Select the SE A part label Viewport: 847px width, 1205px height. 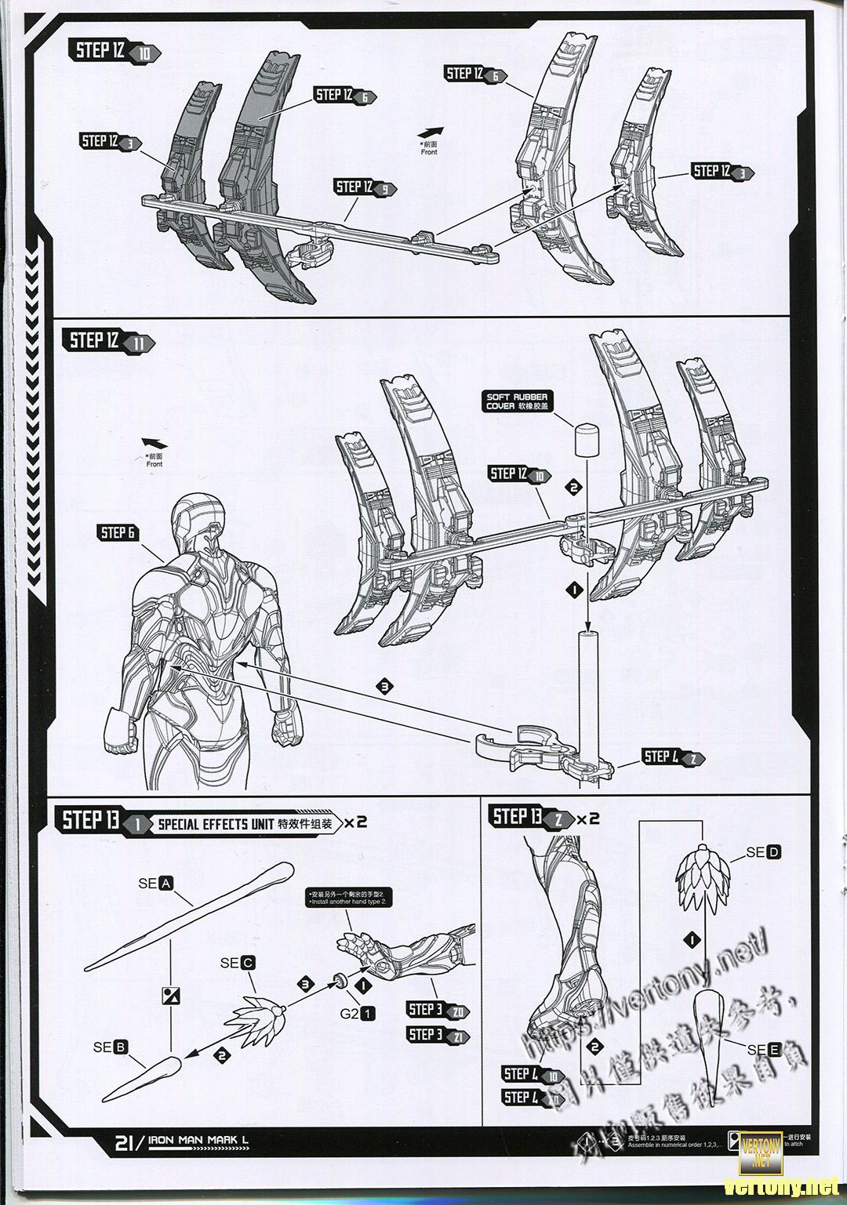click(155, 883)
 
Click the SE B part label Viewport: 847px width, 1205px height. click(111, 1047)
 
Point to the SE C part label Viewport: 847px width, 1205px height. click(238, 963)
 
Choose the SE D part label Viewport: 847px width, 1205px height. click(763, 852)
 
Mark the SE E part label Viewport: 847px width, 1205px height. click(765, 1050)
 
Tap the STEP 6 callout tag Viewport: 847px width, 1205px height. click(118, 533)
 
